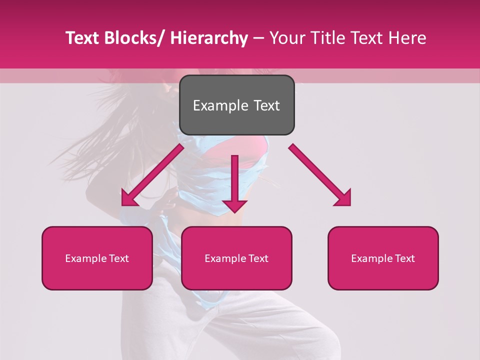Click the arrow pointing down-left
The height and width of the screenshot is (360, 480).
pyautogui.click(x=152, y=175)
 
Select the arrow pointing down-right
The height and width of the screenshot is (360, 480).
pyautogui.click(x=320, y=175)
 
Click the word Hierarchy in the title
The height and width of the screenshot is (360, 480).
pyautogui.click(x=209, y=38)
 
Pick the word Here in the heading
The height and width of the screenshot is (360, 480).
pyautogui.click(x=406, y=38)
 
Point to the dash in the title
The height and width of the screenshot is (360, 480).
pyautogui.click(x=258, y=38)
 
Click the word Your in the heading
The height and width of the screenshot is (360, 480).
pyautogui.click(x=287, y=38)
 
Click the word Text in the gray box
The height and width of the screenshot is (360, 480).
pyautogui.click(x=266, y=105)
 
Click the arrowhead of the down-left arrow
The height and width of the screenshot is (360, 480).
pyautogui.click(x=129, y=198)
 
